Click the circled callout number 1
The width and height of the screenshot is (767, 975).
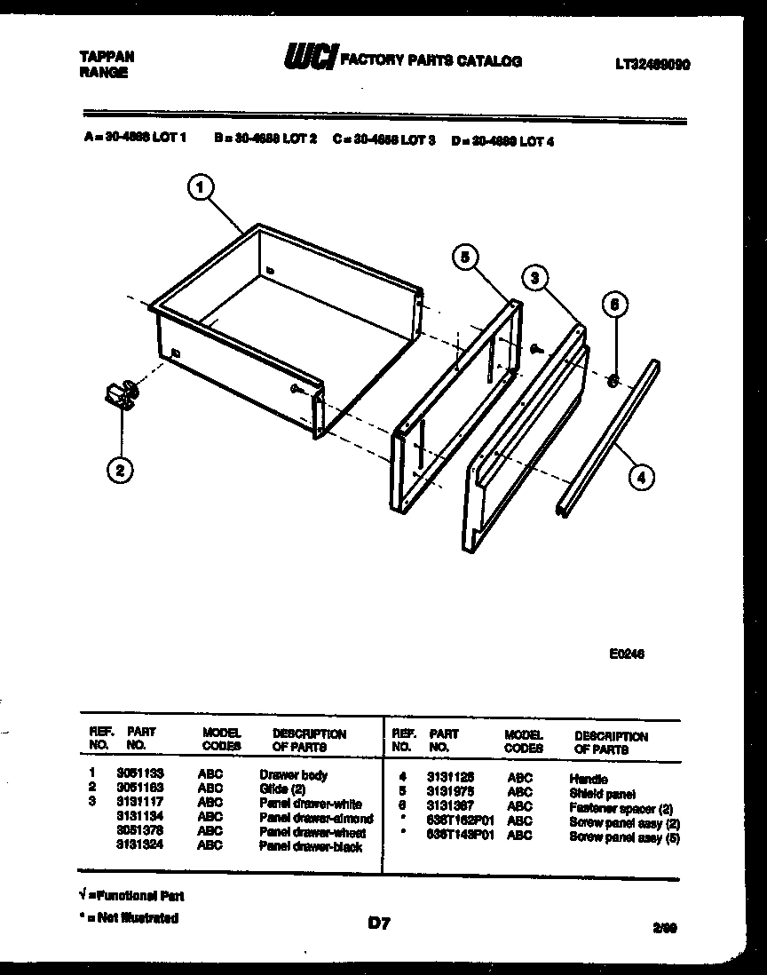click(x=202, y=188)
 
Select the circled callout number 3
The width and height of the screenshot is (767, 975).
click(x=534, y=278)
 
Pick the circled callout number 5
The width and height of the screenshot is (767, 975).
click(x=464, y=258)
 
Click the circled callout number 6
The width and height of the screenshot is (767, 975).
click(x=614, y=305)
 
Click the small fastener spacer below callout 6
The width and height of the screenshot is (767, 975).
click(x=613, y=380)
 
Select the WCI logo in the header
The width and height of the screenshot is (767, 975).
click(x=308, y=59)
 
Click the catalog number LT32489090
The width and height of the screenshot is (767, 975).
click(x=652, y=65)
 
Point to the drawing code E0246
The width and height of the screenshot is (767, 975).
click(x=626, y=654)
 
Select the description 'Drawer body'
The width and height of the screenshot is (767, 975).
click(x=293, y=774)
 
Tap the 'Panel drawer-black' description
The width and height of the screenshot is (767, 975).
click(x=310, y=846)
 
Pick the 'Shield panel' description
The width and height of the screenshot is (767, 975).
click(x=602, y=793)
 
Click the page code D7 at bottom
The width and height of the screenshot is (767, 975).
click(x=379, y=924)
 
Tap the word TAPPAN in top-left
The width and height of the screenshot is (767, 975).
click(x=107, y=56)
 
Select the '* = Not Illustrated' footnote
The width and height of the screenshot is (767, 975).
click(x=129, y=918)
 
